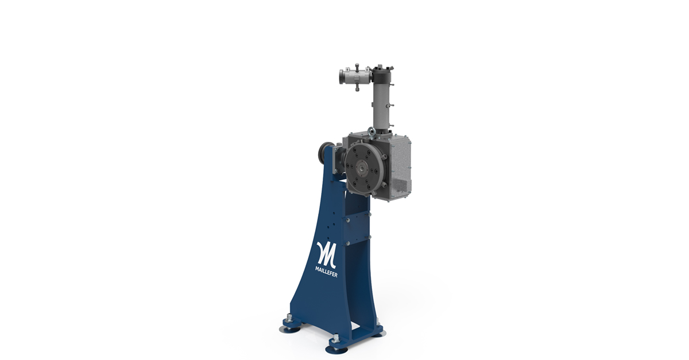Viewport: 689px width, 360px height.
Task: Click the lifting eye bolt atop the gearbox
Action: click(373, 133)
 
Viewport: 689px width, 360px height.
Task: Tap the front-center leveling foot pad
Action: click(336, 347)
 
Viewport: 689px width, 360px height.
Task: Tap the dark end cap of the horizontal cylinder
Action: click(342, 76)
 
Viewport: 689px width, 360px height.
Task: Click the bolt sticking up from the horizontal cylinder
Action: click(357, 65)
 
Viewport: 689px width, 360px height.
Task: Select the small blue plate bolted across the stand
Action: click(355, 229)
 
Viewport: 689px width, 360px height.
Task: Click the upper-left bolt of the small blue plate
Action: click(346, 218)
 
